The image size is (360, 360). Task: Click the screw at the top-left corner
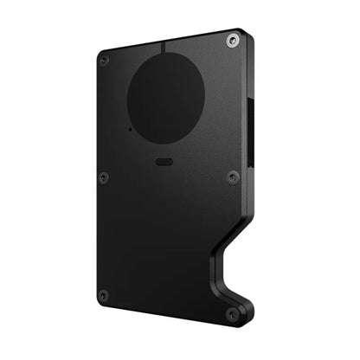pos(103,61)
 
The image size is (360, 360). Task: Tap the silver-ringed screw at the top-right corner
pos(231,40)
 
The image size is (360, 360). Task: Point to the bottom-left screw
pos(103,295)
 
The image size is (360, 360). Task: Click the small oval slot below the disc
pos(164,160)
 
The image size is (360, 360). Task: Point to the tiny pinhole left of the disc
pos(129,129)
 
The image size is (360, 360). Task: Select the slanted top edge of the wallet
pos(173,41)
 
